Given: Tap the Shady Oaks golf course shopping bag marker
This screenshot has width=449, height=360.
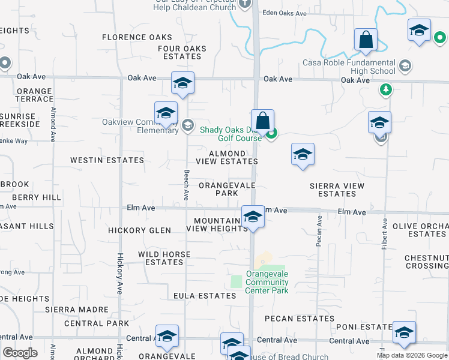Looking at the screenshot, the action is coord(262,121).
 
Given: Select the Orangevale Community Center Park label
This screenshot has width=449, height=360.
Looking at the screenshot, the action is coord(267,281).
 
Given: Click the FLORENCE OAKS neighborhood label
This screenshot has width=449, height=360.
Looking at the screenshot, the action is coord(137,37).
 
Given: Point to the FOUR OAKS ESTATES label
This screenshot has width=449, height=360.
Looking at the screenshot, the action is coord(182,53).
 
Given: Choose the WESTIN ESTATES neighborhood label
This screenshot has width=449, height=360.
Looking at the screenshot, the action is coord(107,160).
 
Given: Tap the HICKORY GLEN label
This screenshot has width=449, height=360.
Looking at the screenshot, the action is coord(139,230).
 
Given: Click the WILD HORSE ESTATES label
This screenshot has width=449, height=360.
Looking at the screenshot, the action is coord(164,258).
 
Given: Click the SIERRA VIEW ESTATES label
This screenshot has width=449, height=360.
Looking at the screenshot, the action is coord(337,190).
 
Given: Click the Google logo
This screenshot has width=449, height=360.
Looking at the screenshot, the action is coord(20,353).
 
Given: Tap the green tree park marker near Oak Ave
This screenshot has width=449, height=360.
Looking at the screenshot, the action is coord(385,90).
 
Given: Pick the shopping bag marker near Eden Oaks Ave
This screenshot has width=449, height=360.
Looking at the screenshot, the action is coord(366,40).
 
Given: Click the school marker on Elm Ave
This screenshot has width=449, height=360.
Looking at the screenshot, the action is coord(253,217).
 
